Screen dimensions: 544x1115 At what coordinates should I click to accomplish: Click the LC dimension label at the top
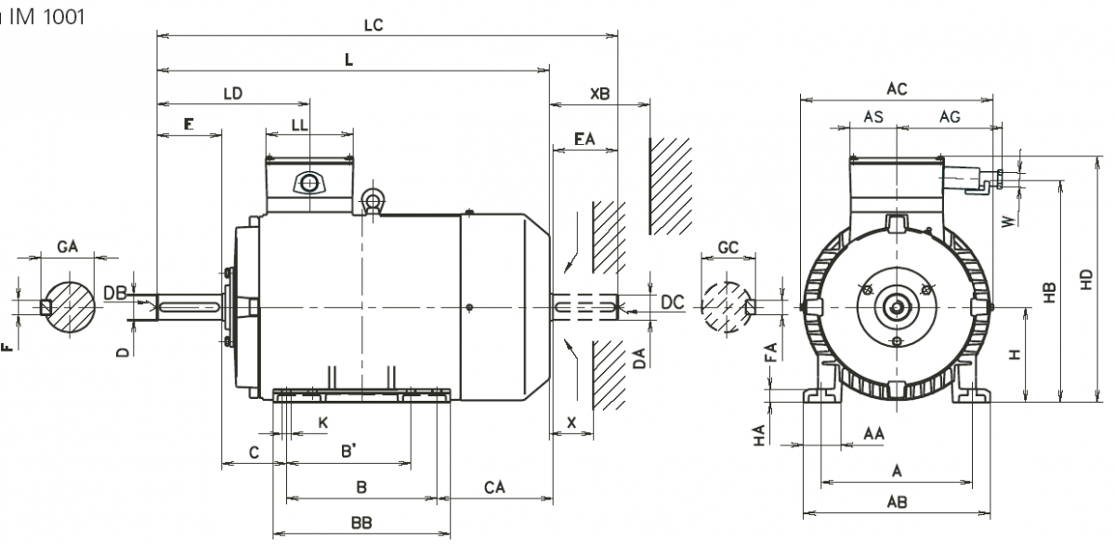tap(374, 26)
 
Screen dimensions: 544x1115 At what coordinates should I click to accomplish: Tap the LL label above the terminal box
tap(299, 124)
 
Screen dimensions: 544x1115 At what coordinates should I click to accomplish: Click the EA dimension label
tap(584, 139)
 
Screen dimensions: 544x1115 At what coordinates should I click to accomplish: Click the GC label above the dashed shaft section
tap(729, 247)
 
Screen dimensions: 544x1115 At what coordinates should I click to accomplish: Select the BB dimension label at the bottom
tap(361, 524)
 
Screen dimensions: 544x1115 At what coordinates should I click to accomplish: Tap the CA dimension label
tap(494, 487)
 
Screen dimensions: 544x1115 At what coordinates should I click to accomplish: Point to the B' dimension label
tap(350, 452)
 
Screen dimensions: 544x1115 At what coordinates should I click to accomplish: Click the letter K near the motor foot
tap(323, 423)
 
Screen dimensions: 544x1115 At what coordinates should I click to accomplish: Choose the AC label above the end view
tap(897, 89)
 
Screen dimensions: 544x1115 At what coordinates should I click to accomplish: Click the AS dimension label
tap(873, 117)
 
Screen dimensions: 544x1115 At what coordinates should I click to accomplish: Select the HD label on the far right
tap(1086, 279)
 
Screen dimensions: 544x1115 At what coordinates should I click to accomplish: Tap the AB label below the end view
tap(897, 502)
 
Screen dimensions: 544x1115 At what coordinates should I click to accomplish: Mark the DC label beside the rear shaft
tap(672, 302)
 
